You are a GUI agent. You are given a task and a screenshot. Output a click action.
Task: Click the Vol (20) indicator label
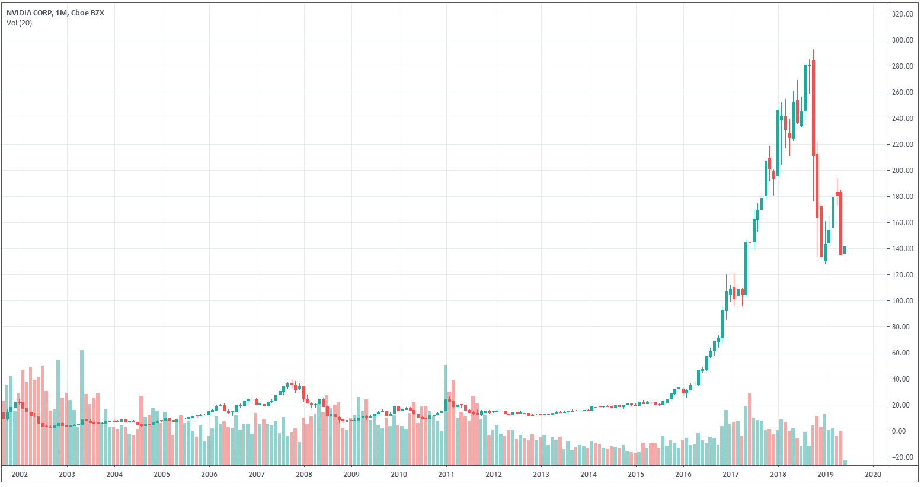20,23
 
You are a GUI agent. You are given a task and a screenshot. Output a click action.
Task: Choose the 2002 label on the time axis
20,475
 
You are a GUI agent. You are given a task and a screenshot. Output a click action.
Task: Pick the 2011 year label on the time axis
446,475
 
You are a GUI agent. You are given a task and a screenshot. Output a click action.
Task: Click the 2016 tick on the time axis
683,475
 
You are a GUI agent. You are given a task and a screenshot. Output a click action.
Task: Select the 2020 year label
873,475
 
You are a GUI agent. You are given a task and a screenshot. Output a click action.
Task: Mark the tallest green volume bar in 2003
82,407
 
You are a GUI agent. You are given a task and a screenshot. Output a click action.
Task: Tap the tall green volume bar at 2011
445,415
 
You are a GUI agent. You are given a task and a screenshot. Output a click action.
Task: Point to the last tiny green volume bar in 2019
845,462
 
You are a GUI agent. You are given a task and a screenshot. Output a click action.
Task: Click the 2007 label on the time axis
257,475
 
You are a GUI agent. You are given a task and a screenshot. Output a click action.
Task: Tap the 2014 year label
589,475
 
